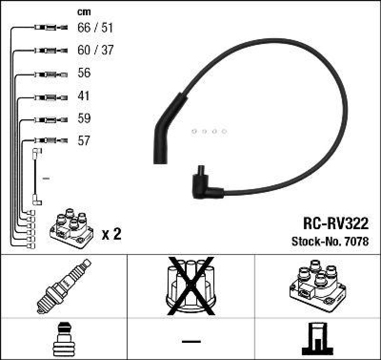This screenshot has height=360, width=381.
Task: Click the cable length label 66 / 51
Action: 95,28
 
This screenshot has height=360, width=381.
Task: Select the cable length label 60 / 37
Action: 95,50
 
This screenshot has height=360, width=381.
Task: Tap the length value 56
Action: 83,73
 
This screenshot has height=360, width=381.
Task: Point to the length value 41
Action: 83,96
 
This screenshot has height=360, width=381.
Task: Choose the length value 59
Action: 83,118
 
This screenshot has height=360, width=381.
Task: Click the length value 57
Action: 83,141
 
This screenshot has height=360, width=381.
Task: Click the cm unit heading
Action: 84,12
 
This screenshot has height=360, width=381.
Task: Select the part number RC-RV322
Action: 335,223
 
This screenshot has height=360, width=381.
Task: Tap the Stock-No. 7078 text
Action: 330,242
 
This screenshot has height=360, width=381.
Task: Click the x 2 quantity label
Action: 112,234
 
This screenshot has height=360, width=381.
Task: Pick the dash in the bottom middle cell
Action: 190,341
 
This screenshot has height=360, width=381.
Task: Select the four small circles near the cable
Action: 209,131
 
